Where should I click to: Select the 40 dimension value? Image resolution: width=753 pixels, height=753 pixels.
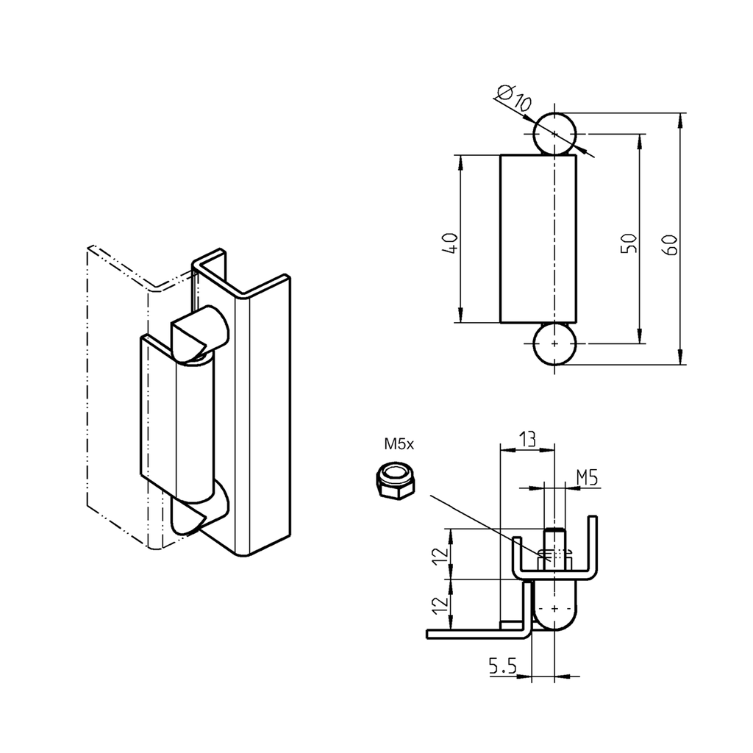click(450, 243)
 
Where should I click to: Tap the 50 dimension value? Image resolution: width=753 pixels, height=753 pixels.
click(627, 243)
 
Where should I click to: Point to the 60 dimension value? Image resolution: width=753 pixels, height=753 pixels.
click(669, 243)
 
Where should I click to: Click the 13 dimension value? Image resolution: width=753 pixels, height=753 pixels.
click(527, 439)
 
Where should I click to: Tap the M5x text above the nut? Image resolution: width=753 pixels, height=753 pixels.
click(399, 444)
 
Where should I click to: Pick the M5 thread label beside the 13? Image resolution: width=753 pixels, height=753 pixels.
click(586, 478)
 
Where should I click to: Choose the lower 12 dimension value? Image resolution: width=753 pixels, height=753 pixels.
click(439, 604)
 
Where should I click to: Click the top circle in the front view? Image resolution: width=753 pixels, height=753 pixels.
click(554, 134)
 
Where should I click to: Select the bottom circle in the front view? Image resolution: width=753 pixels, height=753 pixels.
click(554, 344)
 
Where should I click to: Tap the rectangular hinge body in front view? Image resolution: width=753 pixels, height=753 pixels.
click(538, 239)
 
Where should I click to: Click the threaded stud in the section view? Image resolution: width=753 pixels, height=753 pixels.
click(554, 548)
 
